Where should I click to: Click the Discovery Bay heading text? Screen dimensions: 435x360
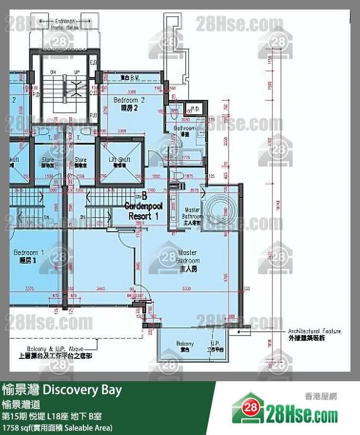62,390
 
